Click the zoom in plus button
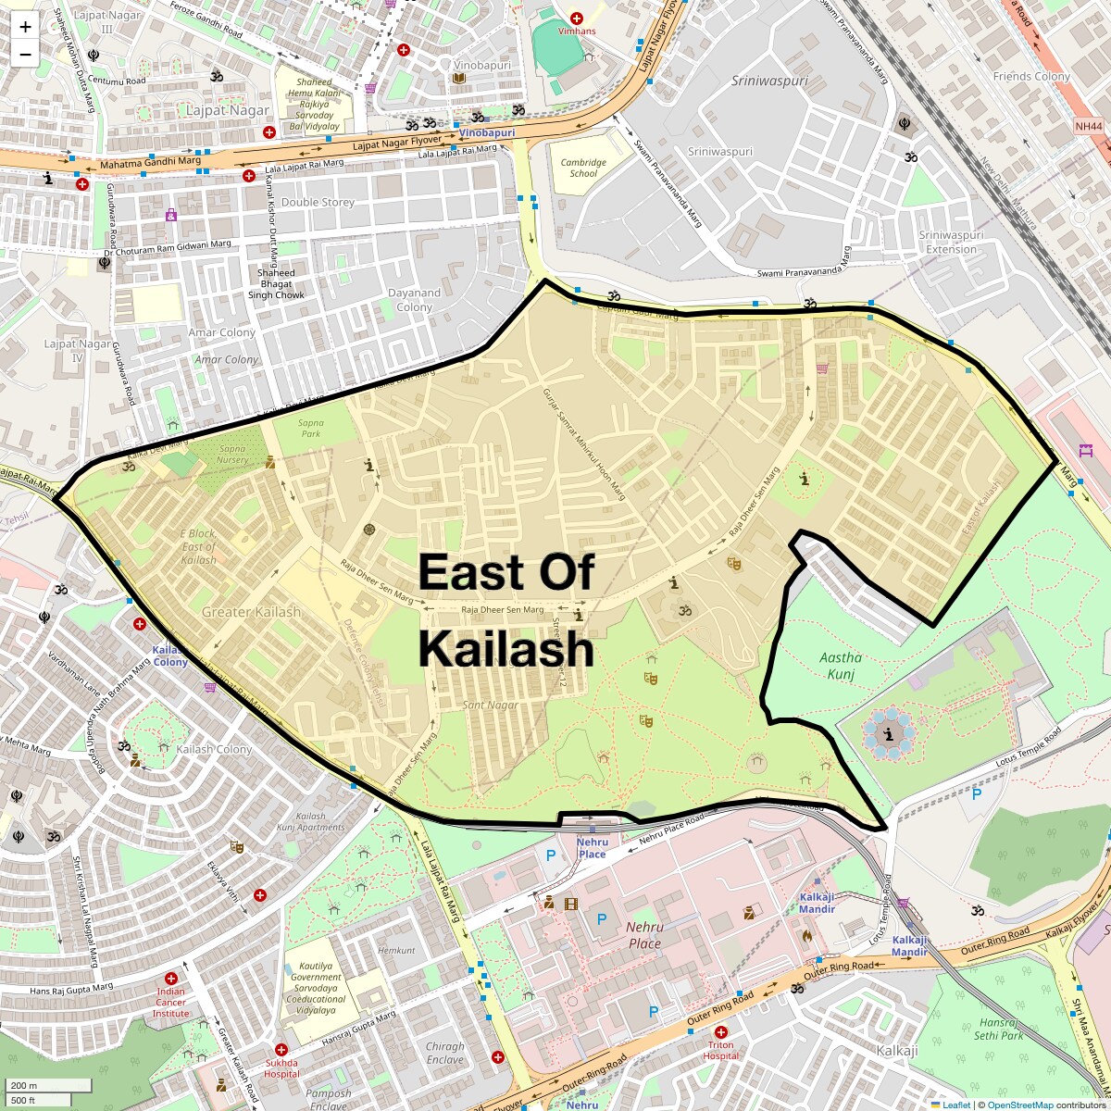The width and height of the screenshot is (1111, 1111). point(25,27)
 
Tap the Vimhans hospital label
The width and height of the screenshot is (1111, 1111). point(577,31)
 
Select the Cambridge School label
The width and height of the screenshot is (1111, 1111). point(583,168)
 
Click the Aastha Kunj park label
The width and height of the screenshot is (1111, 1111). point(841,665)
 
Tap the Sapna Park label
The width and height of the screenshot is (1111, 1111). point(310,428)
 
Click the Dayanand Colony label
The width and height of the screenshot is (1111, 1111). point(414,300)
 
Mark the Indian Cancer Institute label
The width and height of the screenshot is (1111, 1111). point(170,1002)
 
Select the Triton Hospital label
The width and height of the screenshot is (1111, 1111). point(720,1050)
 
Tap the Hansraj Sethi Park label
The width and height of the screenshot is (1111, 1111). point(999,1029)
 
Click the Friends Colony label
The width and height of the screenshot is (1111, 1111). point(1031,77)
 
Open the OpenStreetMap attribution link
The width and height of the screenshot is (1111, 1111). point(1019,1105)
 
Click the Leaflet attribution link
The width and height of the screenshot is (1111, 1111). point(955,1105)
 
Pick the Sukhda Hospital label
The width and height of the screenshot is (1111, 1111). point(281,1068)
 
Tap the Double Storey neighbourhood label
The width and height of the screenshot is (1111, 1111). point(318,202)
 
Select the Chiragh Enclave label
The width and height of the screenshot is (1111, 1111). point(445,1053)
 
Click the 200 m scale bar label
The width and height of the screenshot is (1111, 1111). point(24,1086)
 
